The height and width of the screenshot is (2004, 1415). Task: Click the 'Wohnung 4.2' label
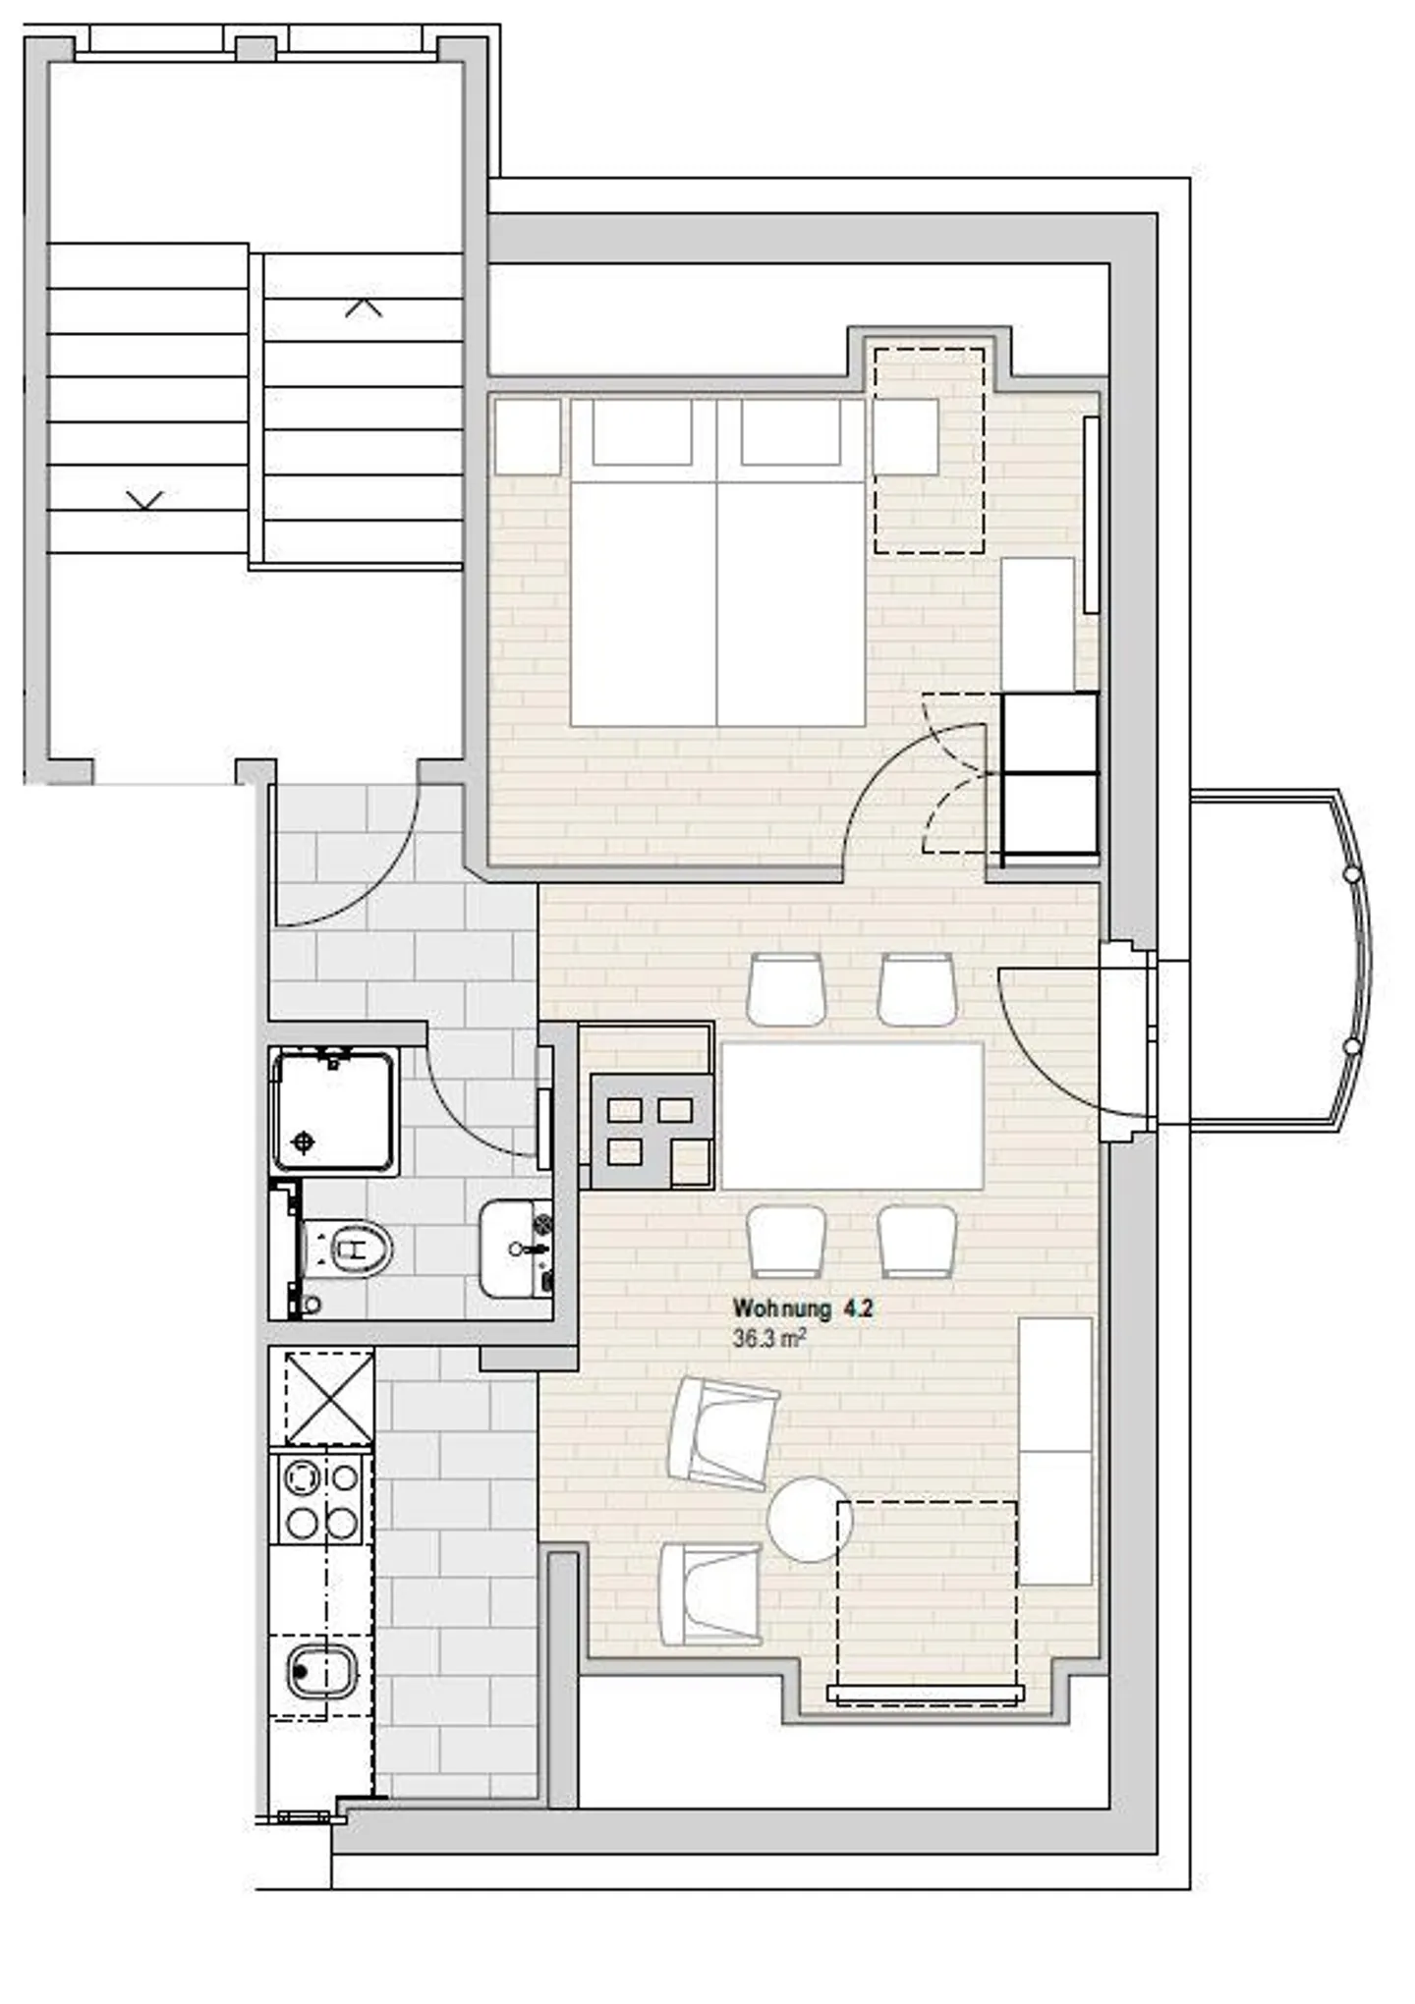point(802,1308)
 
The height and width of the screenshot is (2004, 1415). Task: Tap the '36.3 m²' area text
point(769,1338)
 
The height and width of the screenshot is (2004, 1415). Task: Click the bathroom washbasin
point(513,1249)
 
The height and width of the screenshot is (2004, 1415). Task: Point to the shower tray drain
point(305,1141)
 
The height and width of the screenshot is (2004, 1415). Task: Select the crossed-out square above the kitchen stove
point(328,1397)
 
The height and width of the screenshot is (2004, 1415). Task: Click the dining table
point(851,1116)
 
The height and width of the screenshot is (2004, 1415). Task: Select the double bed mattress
point(717,603)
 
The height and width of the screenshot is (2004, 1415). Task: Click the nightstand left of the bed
point(528,436)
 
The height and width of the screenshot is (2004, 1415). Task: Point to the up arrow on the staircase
point(363,307)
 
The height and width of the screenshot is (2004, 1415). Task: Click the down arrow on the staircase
point(144,500)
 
